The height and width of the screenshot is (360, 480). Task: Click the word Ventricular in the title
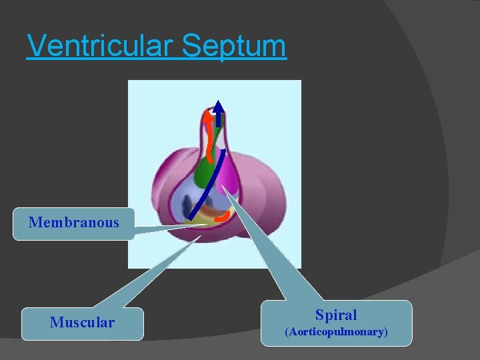(x=100, y=47)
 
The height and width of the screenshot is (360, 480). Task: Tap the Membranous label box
(x=73, y=223)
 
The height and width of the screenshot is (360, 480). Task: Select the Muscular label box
(x=82, y=323)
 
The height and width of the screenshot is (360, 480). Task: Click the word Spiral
(x=336, y=315)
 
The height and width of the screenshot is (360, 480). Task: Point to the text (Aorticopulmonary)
(x=336, y=331)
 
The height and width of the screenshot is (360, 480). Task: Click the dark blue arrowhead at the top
(x=218, y=107)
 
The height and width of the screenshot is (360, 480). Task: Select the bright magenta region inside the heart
(x=229, y=176)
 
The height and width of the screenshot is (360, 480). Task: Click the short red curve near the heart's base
(x=223, y=217)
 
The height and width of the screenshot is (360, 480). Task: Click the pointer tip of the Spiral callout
(x=223, y=186)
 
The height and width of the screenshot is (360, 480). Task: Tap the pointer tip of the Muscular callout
(x=201, y=235)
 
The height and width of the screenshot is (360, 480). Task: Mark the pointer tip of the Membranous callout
(x=207, y=225)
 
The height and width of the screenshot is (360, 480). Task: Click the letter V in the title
(x=37, y=47)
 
